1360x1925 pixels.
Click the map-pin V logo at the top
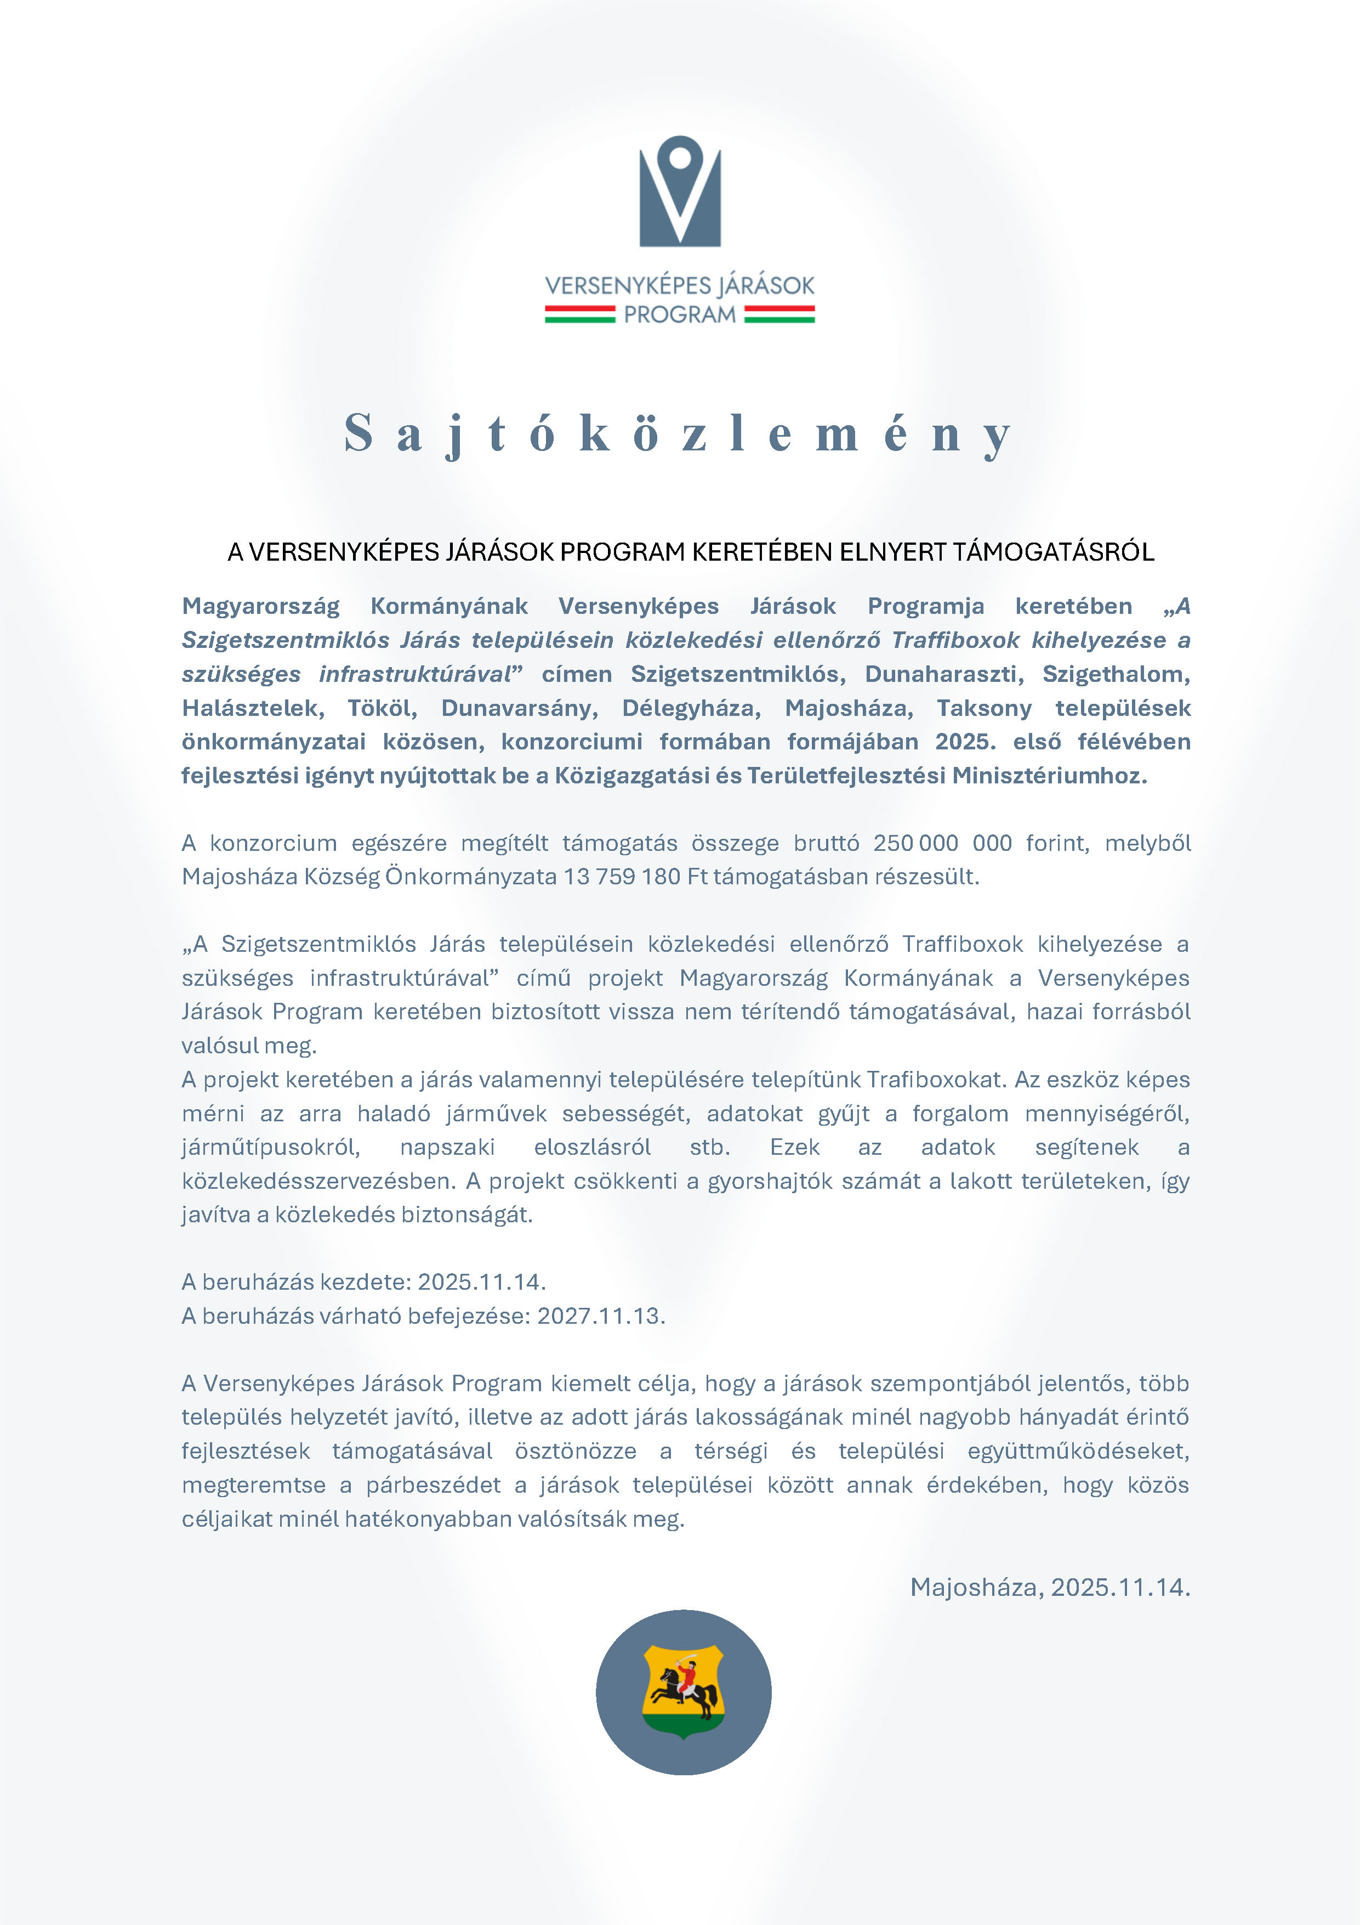(680, 191)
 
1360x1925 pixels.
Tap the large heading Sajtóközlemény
(679, 434)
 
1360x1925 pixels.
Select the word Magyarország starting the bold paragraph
(260, 606)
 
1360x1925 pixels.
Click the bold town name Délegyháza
(691, 708)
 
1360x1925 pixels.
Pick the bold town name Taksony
(984, 708)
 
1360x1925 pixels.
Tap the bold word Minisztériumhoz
(1049, 776)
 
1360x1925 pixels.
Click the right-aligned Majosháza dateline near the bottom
(1049, 1587)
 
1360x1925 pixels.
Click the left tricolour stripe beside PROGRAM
(580, 314)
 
